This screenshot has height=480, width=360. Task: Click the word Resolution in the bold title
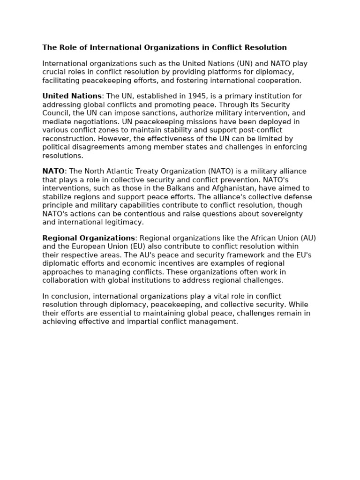point(267,47)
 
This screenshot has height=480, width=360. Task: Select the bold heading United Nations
point(72,96)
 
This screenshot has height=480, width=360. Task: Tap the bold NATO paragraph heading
point(53,172)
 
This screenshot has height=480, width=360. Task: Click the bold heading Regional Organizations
point(89,238)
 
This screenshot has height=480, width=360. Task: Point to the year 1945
point(197,96)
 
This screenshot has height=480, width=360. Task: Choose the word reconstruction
point(68,139)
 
